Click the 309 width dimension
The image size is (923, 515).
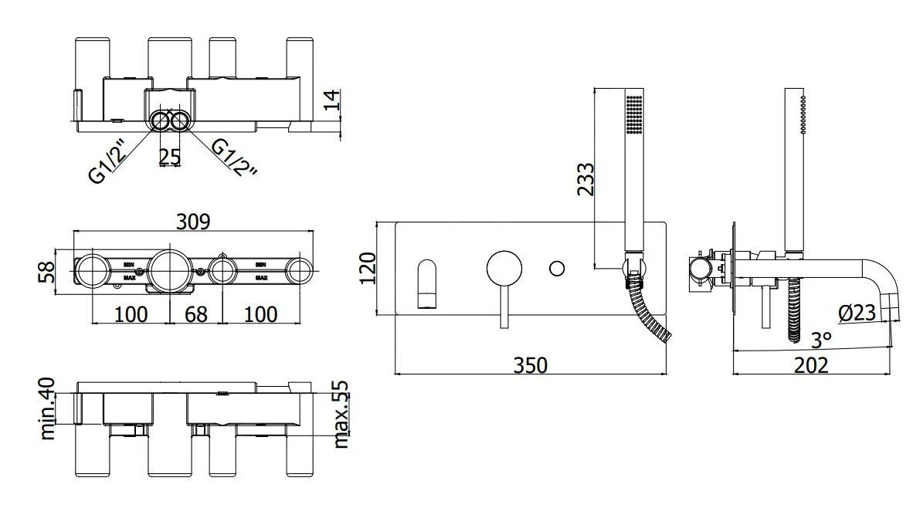[x=194, y=221]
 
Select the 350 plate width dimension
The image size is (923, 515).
[x=531, y=364]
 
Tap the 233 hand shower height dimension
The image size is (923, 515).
[x=585, y=179]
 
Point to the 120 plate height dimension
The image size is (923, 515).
[x=368, y=268]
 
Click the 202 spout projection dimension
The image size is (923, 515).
[x=811, y=364]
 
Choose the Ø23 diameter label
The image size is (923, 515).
[x=857, y=313]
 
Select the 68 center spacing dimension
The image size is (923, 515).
[x=196, y=314]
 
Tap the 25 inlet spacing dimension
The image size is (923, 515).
[x=170, y=157]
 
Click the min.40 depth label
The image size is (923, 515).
[x=48, y=408]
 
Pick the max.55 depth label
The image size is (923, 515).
[x=341, y=415]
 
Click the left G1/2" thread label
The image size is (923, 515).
[x=108, y=161]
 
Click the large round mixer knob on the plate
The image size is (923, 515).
[x=504, y=269]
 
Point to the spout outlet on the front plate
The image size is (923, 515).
[x=427, y=284]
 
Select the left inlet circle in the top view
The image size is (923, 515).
[x=160, y=122]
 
